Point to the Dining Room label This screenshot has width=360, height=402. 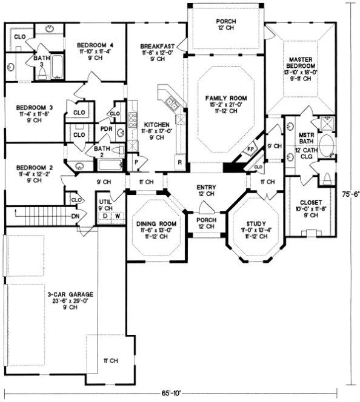coord(156,225)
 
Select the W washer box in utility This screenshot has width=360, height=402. coord(116,216)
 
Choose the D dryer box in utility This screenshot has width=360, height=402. coord(105,216)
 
